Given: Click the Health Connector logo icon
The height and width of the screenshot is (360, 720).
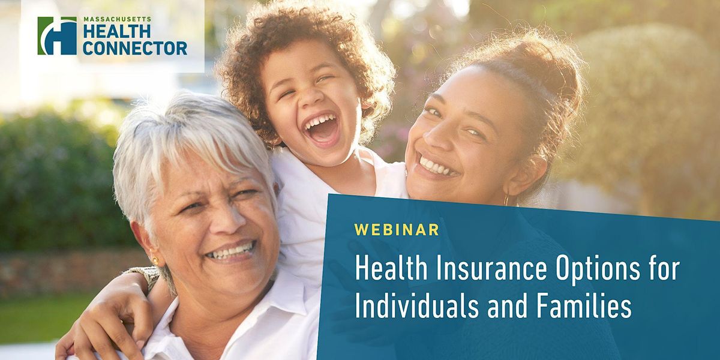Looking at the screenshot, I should coord(57,35).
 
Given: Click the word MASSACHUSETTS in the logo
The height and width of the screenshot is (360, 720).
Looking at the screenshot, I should coord(116,19).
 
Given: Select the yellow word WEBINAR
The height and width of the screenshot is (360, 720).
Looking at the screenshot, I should coord(397,229).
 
